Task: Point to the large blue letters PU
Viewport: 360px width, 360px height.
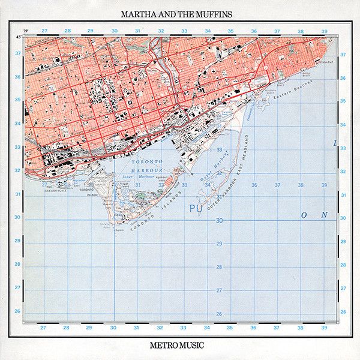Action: tap(196, 208)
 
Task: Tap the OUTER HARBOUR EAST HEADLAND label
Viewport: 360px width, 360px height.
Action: tap(228, 174)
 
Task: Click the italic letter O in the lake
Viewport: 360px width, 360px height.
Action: tap(304, 214)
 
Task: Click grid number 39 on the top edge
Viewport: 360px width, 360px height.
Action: tap(323, 31)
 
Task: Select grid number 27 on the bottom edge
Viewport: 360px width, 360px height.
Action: tap(43, 328)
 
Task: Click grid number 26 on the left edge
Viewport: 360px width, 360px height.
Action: tap(18, 311)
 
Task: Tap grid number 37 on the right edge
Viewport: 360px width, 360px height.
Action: tap(343, 53)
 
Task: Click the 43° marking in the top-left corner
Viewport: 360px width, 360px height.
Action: tap(20, 37)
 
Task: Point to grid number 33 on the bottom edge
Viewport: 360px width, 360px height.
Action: tap(184, 328)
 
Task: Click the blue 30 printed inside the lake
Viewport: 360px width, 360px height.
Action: tap(219, 220)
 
